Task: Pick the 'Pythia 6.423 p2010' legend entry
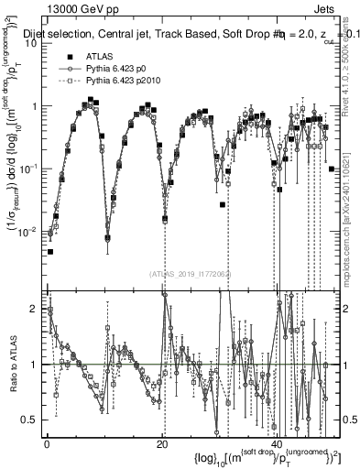tap(115, 156)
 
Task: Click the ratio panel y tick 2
tap(32, 308)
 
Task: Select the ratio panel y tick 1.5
tap(28, 336)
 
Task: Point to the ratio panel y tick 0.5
tap(28, 420)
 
